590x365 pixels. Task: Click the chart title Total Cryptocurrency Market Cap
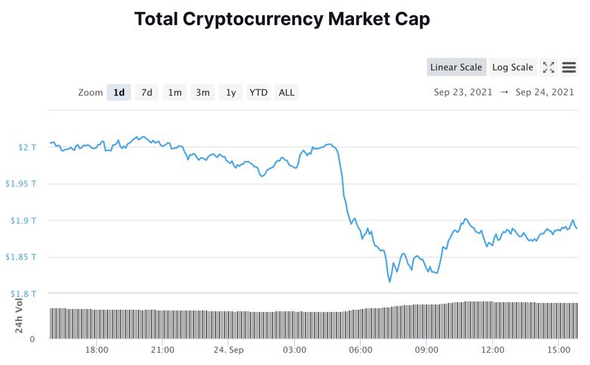(282, 20)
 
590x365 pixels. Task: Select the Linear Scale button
(455, 67)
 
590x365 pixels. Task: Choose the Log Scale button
(512, 67)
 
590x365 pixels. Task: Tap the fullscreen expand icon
(548, 67)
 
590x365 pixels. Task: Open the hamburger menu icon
(569, 67)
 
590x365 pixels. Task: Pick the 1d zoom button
(119, 92)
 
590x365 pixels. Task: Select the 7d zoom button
(147, 92)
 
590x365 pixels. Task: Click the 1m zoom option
(175, 92)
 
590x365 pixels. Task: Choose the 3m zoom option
(203, 92)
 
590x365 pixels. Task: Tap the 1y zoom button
(231, 92)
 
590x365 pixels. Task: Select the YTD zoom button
(259, 92)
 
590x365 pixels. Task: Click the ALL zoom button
(287, 92)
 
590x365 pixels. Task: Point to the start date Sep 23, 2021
(463, 92)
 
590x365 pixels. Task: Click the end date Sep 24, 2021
(545, 92)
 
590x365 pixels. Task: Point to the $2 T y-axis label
(27, 147)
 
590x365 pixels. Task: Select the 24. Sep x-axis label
(228, 350)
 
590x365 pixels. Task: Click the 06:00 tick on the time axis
(361, 350)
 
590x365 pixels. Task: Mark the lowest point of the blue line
(390, 282)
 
